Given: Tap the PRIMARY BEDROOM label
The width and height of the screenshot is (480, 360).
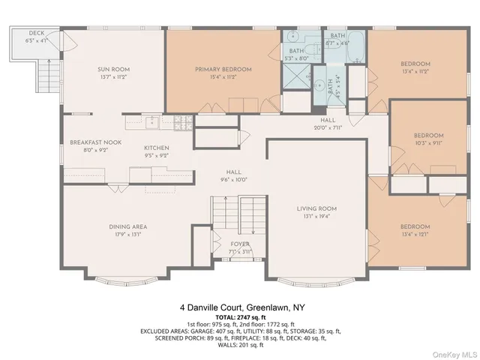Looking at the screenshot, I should pos(223,69).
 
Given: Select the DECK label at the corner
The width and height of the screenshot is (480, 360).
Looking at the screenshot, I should pos(36,34).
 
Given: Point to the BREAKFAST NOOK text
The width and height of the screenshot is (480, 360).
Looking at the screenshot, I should pos(91,142).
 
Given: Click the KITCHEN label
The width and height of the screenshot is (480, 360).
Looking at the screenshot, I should pos(156,148).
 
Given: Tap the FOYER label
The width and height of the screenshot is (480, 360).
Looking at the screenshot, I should pos(240,244).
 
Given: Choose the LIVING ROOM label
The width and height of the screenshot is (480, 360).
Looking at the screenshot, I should pos(316,208).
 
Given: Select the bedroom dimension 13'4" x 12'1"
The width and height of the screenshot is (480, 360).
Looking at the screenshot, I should pos(414,234).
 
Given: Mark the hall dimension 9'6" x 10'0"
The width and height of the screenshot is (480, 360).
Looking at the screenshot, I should pos(223,180).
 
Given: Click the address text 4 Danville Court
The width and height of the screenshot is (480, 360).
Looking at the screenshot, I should pos(239,307).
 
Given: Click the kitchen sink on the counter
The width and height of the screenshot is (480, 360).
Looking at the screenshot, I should pos(152,118).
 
